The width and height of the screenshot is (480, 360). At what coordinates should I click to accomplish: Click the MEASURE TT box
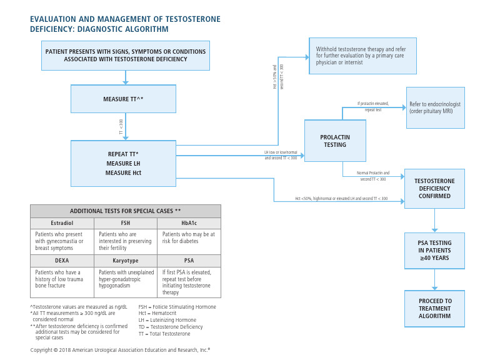tap(124, 99)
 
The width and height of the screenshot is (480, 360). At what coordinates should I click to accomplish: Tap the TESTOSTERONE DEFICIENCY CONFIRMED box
tap(434, 188)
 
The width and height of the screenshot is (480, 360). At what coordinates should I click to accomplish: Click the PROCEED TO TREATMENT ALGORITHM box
tap(434, 308)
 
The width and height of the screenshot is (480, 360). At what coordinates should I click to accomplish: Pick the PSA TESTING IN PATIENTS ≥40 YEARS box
tap(434, 250)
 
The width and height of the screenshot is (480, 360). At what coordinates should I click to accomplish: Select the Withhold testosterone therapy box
tap(362, 56)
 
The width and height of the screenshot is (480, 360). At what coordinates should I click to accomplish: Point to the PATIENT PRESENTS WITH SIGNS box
tap(126, 56)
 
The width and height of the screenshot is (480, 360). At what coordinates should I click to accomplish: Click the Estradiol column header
tap(62, 223)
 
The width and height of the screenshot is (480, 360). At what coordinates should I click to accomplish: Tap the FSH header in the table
tap(125, 223)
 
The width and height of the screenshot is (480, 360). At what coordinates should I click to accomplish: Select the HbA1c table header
tap(188, 223)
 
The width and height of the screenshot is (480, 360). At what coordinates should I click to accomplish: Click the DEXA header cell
tap(62, 261)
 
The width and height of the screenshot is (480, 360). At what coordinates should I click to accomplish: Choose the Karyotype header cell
tap(125, 261)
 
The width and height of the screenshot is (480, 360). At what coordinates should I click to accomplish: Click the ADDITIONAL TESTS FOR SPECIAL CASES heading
tap(125, 211)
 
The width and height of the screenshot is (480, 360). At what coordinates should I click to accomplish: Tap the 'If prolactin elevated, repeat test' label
tap(374, 106)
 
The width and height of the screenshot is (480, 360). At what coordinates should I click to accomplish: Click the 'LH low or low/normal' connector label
tap(281, 155)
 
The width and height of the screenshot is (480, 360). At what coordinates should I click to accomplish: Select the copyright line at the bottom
tap(120, 350)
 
